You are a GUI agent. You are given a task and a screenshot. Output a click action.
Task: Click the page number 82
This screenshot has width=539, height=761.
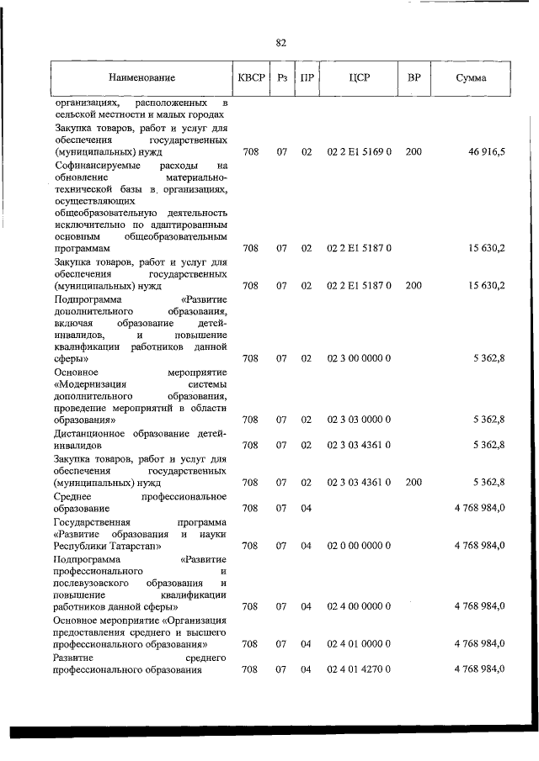280,42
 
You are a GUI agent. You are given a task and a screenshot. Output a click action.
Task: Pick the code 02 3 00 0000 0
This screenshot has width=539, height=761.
359,358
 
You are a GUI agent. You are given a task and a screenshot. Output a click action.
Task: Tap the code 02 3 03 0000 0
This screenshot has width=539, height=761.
359,419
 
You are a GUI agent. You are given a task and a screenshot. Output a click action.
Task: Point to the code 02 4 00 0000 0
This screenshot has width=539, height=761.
359,605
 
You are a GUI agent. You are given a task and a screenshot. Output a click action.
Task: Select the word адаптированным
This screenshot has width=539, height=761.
189,225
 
